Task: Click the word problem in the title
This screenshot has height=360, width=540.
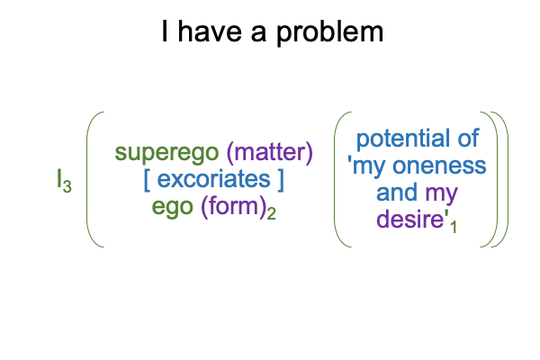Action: [x=330, y=32]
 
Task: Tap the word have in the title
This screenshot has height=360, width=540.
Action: [x=210, y=31]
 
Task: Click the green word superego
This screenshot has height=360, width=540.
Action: [x=166, y=153]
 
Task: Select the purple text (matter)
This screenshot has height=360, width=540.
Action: [x=270, y=151]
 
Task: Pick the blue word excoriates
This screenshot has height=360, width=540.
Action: [x=214, y=179]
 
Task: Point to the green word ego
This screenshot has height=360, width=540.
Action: [x=172, y=207]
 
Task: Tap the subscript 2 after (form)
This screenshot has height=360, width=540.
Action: [x=272, y=214]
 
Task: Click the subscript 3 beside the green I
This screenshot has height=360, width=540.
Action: [x=67, y=186]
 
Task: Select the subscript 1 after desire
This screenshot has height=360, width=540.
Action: [x=454, y=227]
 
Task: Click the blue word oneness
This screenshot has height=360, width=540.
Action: [x=439, y=166]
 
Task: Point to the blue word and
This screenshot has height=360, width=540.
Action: [x=398, y=193]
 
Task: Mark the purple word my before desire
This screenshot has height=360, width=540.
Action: [x=442, y=194]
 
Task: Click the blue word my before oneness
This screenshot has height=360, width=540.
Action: [x=368, y=167]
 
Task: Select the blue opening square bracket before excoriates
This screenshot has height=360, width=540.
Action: [x=147, y=180]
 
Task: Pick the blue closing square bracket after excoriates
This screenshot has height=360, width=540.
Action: [x=281, y=180]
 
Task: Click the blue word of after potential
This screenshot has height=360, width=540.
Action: [x=468, y=138]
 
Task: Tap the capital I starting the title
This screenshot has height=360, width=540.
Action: [x=165, y=31]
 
